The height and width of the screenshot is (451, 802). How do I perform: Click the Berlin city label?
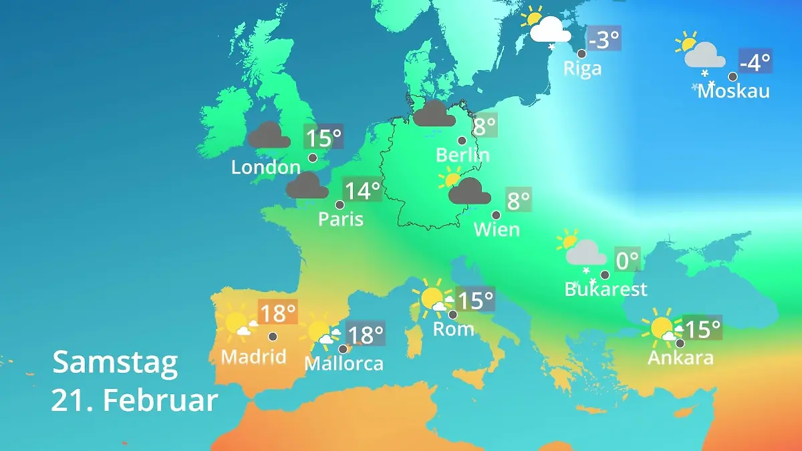pos(462,155)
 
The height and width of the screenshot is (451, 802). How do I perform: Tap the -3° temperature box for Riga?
pos(604,39)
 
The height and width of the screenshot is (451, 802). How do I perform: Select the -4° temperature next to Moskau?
pos(755,62)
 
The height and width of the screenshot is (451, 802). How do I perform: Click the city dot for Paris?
pos(340,205)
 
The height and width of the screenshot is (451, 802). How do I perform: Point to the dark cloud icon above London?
pos(269,136)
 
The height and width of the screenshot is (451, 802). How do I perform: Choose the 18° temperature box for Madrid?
pos(277,313)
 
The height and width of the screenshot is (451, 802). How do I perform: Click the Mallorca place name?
pos(344,363)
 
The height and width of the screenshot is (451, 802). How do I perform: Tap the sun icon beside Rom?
pos(431,299)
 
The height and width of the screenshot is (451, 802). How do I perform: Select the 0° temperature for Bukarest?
pos(627,260)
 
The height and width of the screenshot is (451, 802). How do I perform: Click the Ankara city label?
pos(680,357)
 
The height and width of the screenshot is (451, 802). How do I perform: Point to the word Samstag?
pos(116,362)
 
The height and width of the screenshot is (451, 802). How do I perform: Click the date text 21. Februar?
pos(134,401)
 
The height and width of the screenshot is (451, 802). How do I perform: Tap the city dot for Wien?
pos(496,215)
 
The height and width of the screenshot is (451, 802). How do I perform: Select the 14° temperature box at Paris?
pos(362,191)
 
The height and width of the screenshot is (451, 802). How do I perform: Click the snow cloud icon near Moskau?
pos(703,57)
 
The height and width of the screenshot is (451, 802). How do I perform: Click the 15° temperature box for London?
pos(323,138)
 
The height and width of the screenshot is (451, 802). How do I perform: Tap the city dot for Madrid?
pos(273,336)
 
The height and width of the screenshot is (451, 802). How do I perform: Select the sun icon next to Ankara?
pos(661,328)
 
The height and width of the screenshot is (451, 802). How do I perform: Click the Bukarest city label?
pos(606,289)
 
